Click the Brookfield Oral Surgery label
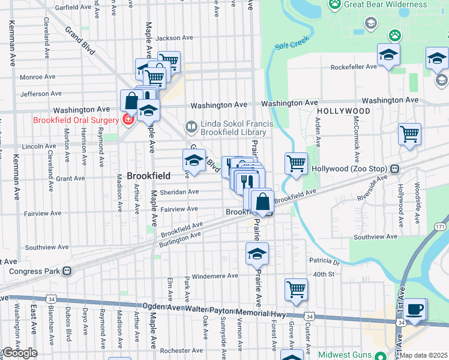60,119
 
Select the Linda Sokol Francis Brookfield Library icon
191,127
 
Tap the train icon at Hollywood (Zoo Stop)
394,169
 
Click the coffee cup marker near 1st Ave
414,310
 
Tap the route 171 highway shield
441,226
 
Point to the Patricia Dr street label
324,261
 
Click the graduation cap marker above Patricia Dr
257,254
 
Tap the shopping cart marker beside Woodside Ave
409,134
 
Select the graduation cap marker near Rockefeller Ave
388,55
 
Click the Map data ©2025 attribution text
423,356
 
